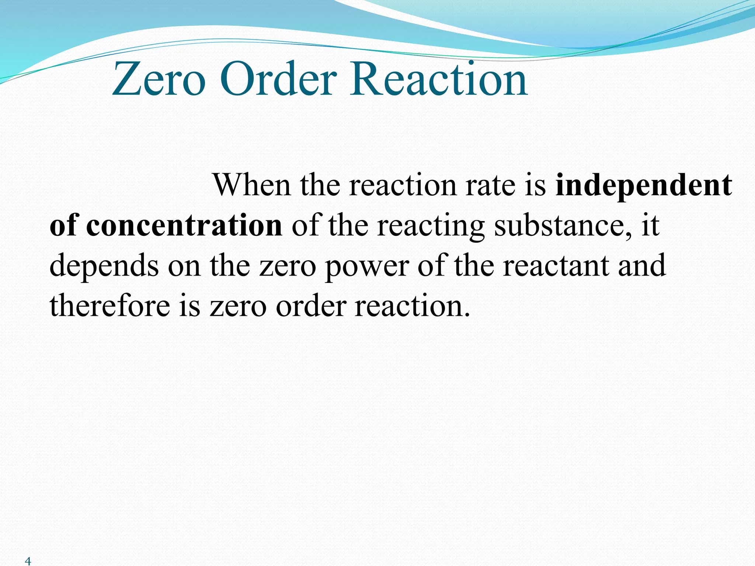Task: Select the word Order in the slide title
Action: tap(279, 80)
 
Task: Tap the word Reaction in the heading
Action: tap(439, 80)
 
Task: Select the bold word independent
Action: tap(644, 186)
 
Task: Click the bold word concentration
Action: tap(184, 226)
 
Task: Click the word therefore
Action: tap(109, 306)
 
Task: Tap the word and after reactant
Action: tap(642, 266)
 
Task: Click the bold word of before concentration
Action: tap(63, 226)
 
